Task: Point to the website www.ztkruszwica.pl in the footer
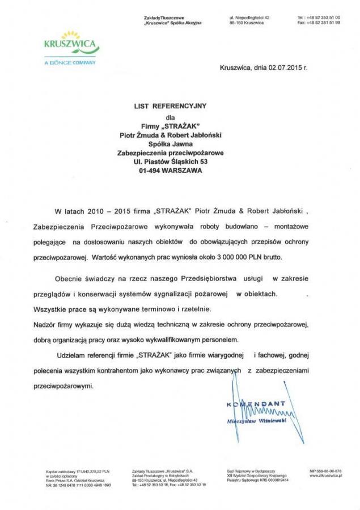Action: [325, 475]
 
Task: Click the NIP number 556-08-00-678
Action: [326, 471]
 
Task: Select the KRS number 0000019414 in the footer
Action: [277, 480]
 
